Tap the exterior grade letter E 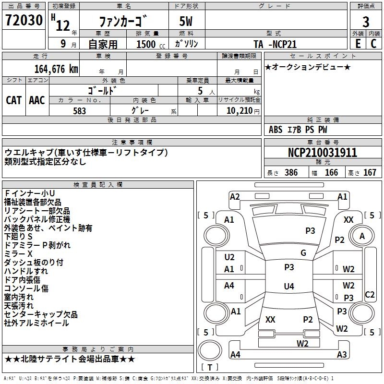click(x=358, y=43)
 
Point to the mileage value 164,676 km click(x=56, y=69)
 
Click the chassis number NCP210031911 click(x=323, y=153)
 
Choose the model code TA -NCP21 click(x=275, y=44)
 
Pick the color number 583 click(x=79, y=111)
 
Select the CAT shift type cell click(x=13, y=100)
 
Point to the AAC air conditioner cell click(x=37, y=100)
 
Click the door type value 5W click(x=187, y=22)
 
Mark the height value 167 click(x=370, y=173)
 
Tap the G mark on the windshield click(x=303, y=253)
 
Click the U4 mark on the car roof click(x=288, y=287)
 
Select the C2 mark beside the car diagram click(x=370, y=295)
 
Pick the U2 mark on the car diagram click(x=229, y=257)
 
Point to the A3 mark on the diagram click(x=342, y=355)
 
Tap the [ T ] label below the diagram click(x=210, y=367)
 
